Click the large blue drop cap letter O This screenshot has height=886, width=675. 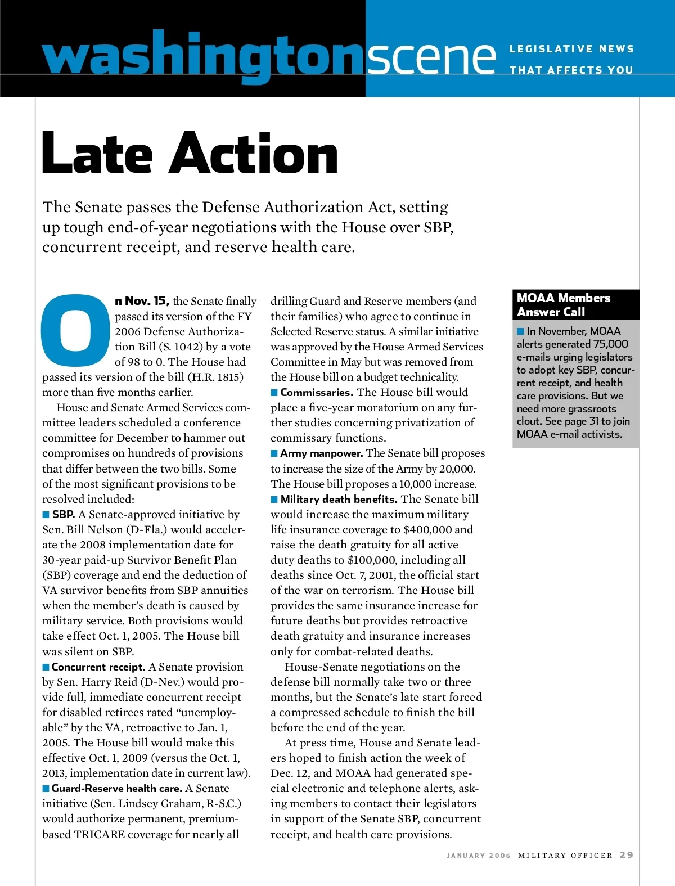76,330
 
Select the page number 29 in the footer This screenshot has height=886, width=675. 627,855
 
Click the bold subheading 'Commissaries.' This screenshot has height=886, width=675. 317,393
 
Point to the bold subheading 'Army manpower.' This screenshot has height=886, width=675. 322,453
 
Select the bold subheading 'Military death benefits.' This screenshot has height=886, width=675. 339,500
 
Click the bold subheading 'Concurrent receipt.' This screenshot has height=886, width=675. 98,667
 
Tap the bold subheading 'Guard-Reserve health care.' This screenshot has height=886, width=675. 117,789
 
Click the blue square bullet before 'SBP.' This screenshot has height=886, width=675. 46,515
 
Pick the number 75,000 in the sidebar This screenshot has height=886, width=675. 610,344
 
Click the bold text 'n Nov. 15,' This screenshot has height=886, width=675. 142,302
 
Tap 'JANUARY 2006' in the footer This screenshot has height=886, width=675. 479,856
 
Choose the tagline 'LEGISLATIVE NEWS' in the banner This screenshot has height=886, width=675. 571,49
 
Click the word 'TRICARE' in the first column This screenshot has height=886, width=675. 100,835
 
